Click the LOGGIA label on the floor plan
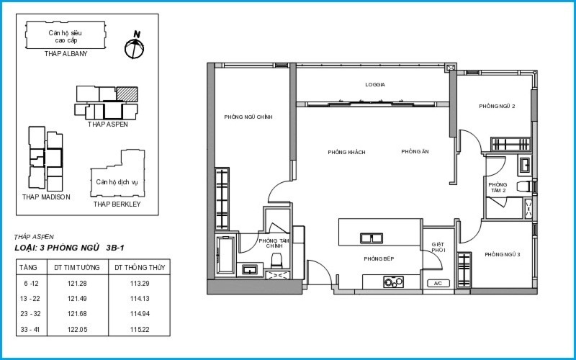[x=375, y=84]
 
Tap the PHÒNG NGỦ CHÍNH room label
[x=248, y=117]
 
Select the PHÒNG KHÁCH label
[x=346, y=152]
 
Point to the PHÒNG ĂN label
[x=415, y=151]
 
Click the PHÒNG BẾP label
[x=379, y=259]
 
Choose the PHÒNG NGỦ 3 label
[x=502, y=255]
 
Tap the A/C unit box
[x=438, y=283]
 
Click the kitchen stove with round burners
[x=393, y=282]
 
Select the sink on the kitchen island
[x=372, y=238]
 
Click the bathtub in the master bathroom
[x=225, y=255]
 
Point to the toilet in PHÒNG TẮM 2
[x=525, y=186]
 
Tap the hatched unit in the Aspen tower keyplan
[x=127, y=94]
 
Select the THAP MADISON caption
[x=46, y=197]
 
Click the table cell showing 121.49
[x=78, y=299]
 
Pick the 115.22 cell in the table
[x=140, y=330]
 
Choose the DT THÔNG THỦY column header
[x=140, y=267]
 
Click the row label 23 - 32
[x=30, y=314]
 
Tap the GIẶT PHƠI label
[x=438, y=247]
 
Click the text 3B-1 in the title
[x=115, y=248]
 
